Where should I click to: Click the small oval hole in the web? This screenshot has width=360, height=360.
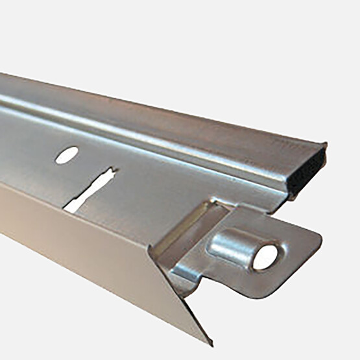point(66,154)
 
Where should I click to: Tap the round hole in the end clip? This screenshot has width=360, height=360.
point(265,257)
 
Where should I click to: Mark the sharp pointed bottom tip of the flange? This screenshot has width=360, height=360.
point(209,342)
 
